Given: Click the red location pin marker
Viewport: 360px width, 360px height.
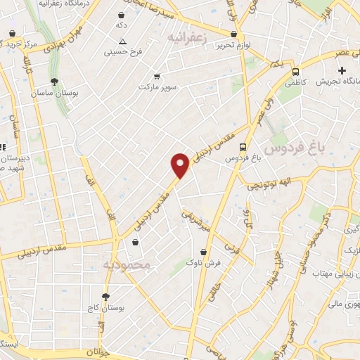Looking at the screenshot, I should pos(181,165).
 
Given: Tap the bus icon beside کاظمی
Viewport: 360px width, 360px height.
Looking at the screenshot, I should pos(295,72).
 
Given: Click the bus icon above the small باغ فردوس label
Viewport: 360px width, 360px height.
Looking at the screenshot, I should pos(243,147).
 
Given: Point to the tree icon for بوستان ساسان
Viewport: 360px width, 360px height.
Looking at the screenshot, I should pos(55,82).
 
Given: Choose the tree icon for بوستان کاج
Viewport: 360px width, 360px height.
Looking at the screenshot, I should pos(106,297).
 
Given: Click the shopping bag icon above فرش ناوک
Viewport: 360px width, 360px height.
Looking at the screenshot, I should pos(203,251).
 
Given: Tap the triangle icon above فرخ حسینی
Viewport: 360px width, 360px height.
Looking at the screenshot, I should pos(123,41).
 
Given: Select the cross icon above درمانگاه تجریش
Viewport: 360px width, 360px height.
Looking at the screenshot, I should pos(342,70).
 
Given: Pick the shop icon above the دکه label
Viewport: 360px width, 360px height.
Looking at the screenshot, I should pos(122,15).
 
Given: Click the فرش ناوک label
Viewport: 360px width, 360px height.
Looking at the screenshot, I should pos(203,262).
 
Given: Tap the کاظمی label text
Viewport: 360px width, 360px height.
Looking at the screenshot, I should pos(295,82).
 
